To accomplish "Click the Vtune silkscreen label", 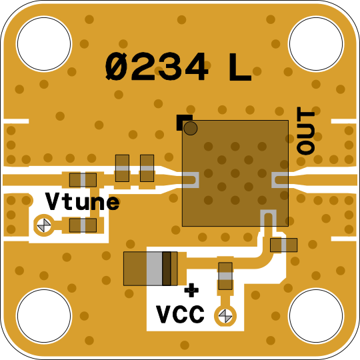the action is click(x=83, y=201).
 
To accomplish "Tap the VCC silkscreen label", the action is click(x=180, y=314).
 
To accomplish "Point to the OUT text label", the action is click(x=305, y=131).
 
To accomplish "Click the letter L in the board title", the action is click(x=240, y=67).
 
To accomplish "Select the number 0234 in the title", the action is click(x=157, y=67).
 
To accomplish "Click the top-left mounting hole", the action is click(x=44, y=43).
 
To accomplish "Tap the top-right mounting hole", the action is click(x=316, y=43).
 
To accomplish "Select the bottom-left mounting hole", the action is click(x=44, y=316).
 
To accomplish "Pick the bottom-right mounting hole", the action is click(x=316, y=316).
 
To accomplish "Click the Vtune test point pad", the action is click(x=44, y=225).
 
